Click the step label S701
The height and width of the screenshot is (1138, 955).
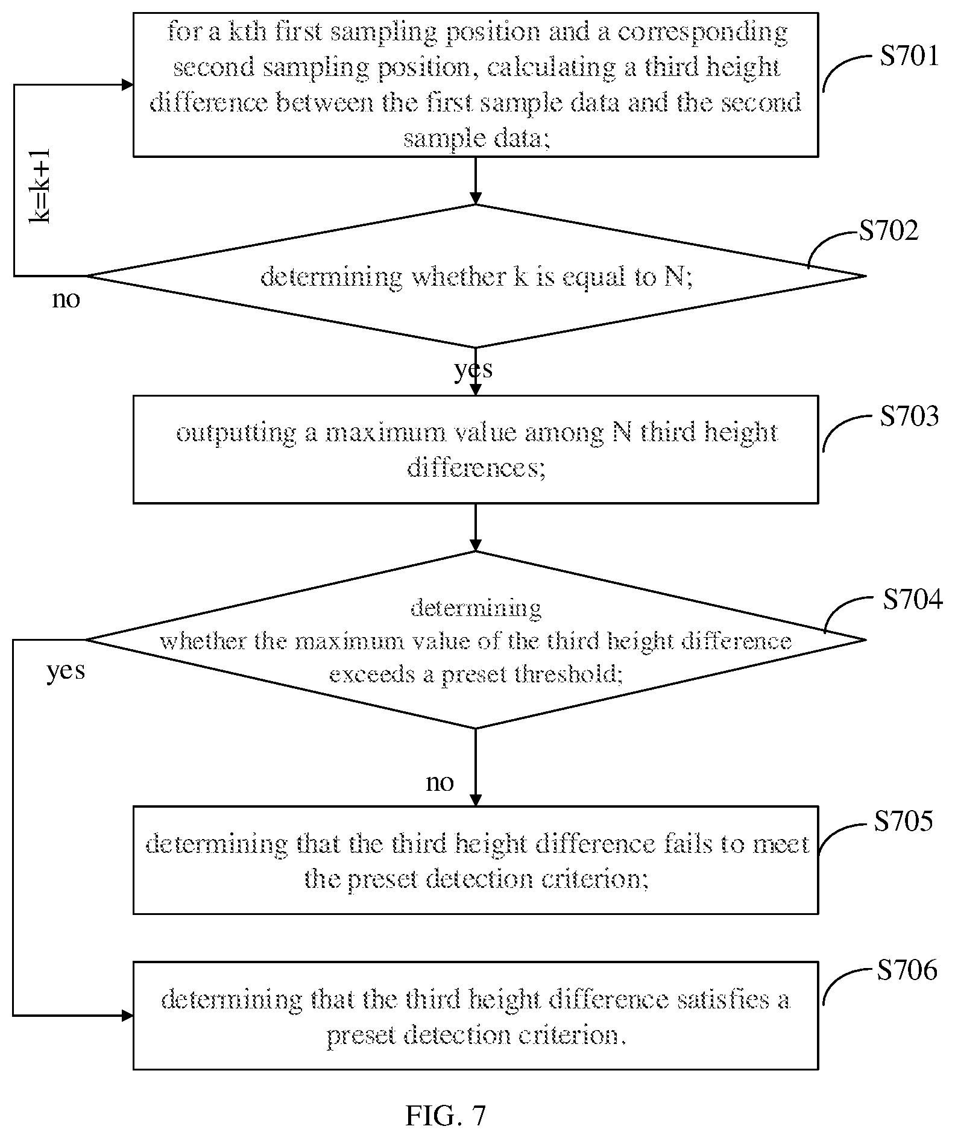(909, 56)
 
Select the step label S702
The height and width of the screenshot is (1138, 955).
(889, 230)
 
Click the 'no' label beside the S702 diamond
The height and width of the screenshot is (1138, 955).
(66, 299)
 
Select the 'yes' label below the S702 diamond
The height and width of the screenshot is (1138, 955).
(474, 368)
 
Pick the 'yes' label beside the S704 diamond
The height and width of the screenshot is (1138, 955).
(66, 670)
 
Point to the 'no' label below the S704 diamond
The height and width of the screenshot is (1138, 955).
(440, 782)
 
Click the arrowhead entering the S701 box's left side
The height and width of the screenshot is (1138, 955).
(128, 85)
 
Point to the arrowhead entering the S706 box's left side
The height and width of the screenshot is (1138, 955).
(128, 1016)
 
